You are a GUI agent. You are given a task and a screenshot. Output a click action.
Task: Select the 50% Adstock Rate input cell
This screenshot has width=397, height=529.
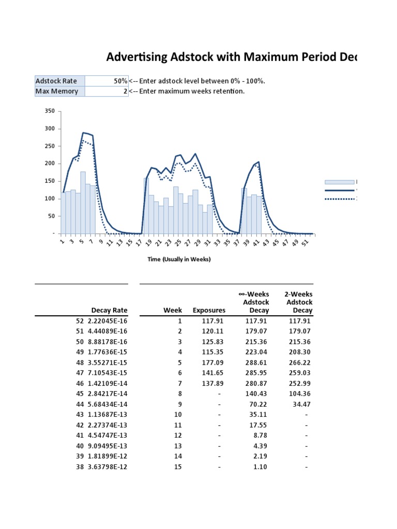[106, 81]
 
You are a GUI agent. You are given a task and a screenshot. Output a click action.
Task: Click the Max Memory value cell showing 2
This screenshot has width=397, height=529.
[106, 91]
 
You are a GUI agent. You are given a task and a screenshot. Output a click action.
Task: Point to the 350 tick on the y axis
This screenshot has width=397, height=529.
[50, 111]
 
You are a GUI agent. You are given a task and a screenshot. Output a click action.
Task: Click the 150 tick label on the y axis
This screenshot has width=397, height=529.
[50, 181]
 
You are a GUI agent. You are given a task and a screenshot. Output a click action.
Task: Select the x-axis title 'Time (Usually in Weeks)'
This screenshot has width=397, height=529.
[179, 259]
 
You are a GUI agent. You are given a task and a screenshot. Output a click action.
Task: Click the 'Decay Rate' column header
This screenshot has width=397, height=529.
[109, 310]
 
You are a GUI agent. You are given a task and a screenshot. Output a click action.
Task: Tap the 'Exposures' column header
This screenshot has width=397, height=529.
[209, 310]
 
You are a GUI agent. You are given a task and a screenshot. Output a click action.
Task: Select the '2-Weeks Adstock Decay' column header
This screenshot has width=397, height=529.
[299, 302]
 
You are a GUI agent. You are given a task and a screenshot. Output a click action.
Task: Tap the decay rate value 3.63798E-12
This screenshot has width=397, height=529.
[106, 467]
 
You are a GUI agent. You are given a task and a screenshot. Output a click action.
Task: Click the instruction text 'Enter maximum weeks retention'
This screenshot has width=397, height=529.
[189, 91]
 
